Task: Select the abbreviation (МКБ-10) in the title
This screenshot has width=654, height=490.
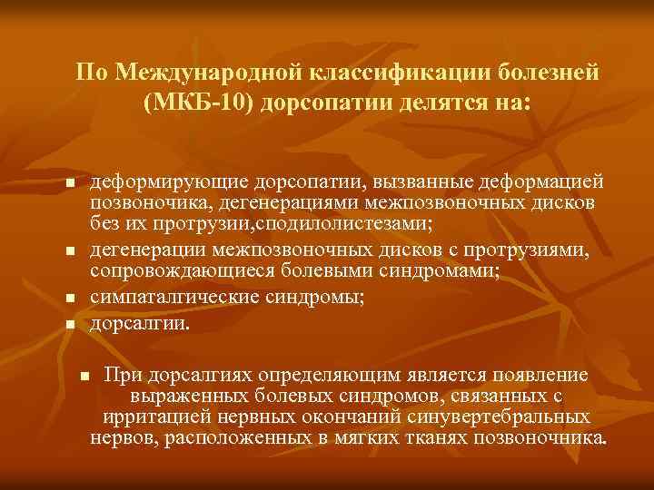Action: (x=200, y=100)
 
